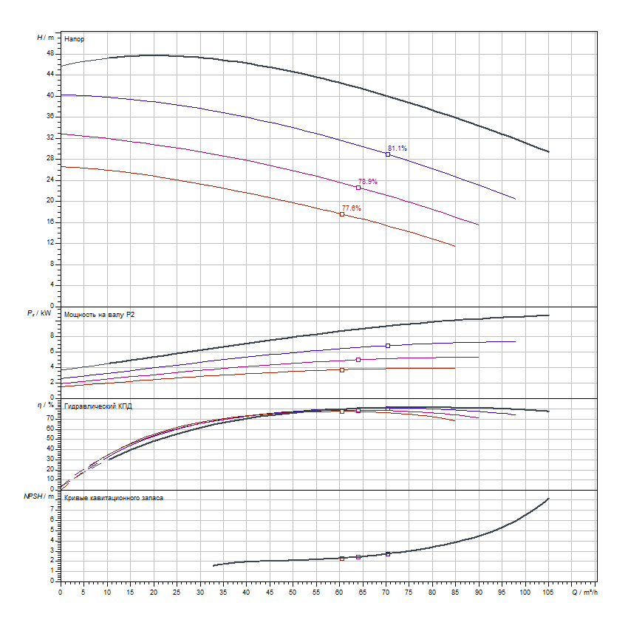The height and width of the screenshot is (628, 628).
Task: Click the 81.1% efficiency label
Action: pos(397,149)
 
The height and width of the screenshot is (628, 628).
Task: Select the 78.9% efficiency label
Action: pos(368,181)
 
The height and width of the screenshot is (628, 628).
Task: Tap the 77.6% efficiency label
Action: pos(351,208)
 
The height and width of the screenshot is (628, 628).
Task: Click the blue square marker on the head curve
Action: pos(388,154)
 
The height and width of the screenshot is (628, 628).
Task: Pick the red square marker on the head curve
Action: pos(342,214)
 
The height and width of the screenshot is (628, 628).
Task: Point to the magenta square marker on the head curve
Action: pos(358,188)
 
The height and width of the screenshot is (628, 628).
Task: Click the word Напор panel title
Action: pos(74,38)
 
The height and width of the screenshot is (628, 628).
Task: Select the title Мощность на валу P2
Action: pos(99,315)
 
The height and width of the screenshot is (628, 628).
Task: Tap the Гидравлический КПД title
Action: pos(98,406)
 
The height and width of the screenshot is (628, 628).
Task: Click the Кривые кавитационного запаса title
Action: pos(114,498)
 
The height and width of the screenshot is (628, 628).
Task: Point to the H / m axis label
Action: pos(45,37)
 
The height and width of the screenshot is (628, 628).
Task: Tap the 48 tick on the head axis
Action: pos(50,54)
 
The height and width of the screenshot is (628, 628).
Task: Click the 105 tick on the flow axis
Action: pos(548,592)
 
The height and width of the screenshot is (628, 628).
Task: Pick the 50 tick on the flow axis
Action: pos(293,592)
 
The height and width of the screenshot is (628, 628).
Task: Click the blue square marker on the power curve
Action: pos(388,346)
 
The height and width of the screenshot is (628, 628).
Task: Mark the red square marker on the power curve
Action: pos(342,369)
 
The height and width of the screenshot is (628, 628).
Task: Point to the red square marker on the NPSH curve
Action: pos(342,559)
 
